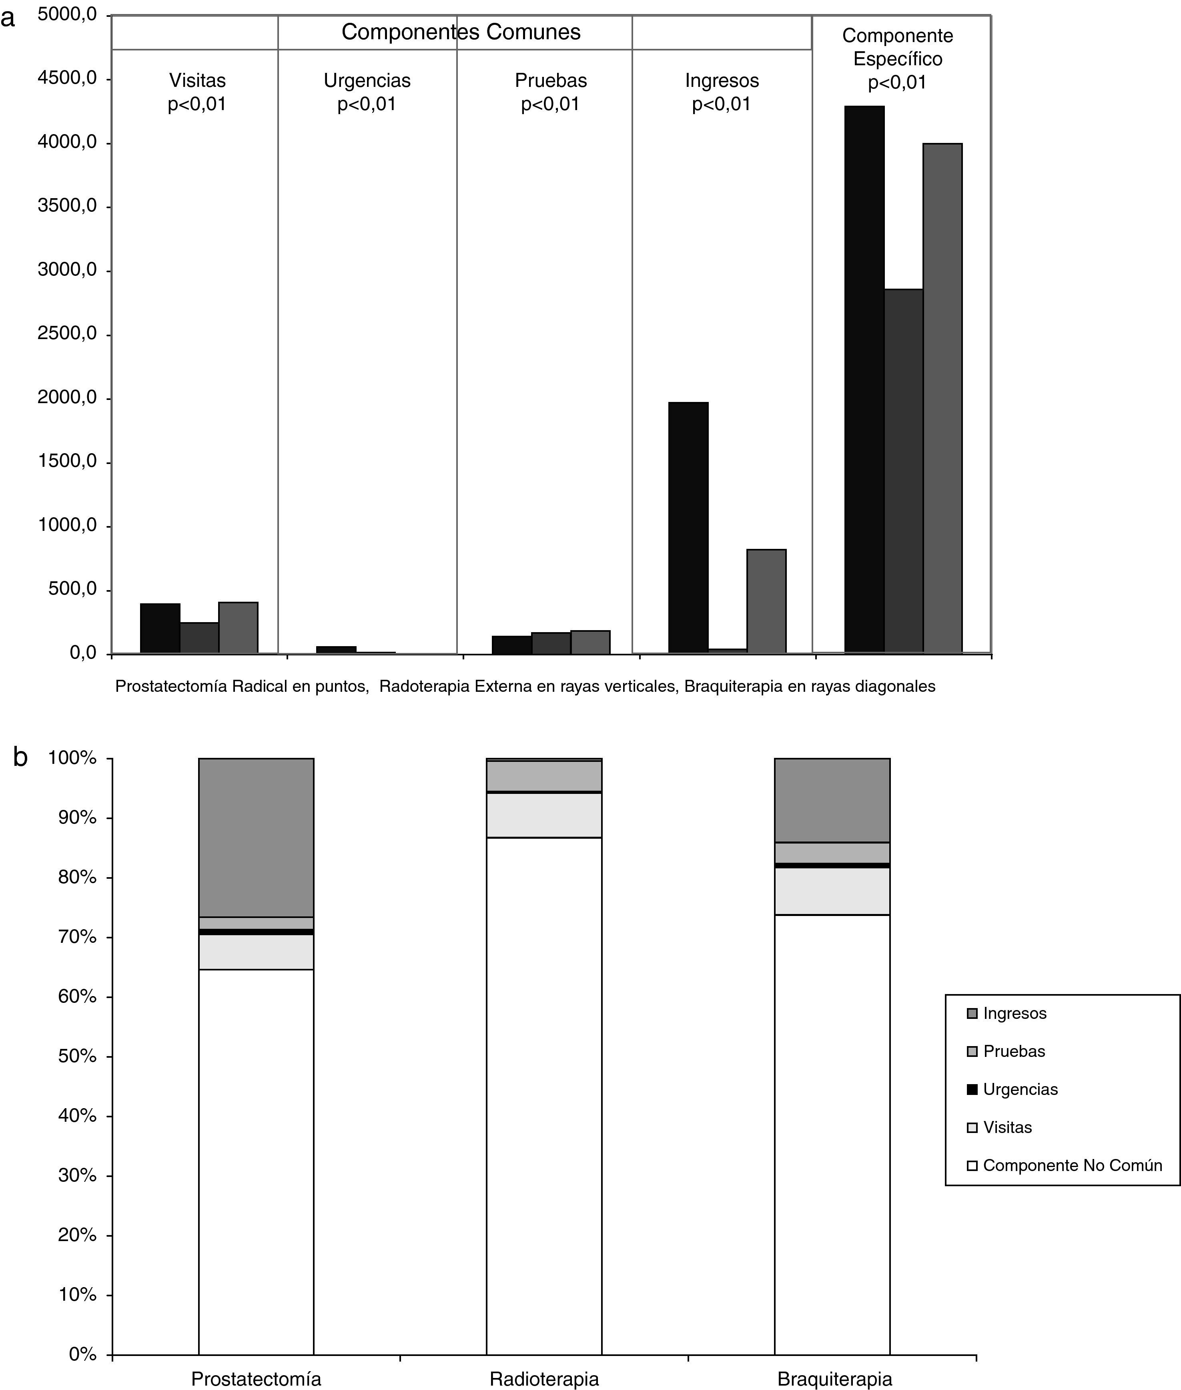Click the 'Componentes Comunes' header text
click(461, 32)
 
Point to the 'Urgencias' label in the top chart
click(367, 80)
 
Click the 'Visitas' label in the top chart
click(198, 80)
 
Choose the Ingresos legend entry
click(1014, 1013)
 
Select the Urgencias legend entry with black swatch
click(1020, 1089)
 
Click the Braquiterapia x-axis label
click(834, 1374)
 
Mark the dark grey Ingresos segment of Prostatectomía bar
click(257, 837)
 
